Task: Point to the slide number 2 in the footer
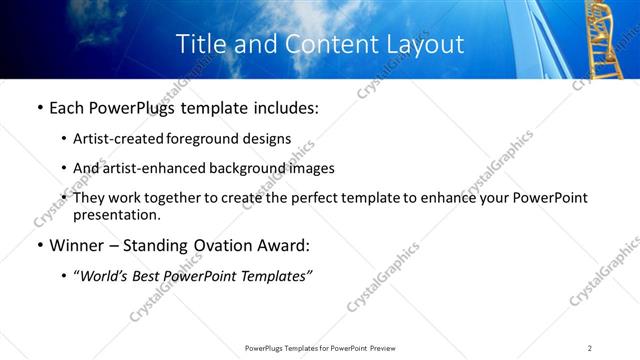pos(590,347)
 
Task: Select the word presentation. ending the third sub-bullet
pos(116,214)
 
